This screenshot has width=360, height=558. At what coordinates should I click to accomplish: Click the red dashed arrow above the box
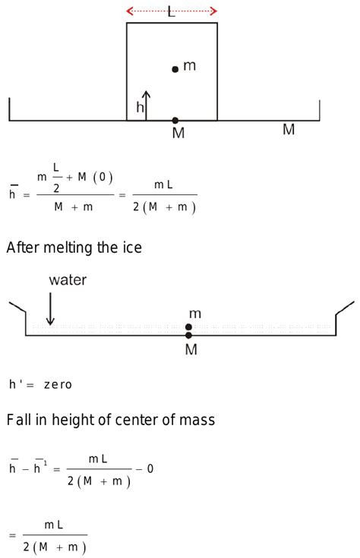pyautogui.click(x=172, y=11)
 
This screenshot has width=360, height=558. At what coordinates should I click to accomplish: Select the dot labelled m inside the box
pyautogui.click(x=175, y=69)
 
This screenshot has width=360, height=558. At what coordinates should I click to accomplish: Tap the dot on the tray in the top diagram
pyautogui.click(x=175, y=120)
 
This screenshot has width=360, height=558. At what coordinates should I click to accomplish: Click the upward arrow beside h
pyautogui.click(x=146, y=106)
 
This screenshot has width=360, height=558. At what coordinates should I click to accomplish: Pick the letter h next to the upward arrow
pyautogui.click(x=140, y=106)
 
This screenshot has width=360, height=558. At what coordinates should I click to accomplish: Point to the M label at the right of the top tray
pyautogui.click(x=289, y=129)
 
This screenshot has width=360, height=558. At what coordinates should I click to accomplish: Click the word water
pyautogui.click(x=68, y=280)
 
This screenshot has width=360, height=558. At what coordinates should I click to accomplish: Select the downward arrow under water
pyautogui.click(x=50, y=309)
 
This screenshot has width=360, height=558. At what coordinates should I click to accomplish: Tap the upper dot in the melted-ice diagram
pyautogui.click(x=188, y=326)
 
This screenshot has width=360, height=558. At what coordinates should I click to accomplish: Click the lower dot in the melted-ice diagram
pyautogui.click(x=188, y=335)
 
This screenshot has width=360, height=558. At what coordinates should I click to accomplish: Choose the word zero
pyautogui.click(x=58, y=385)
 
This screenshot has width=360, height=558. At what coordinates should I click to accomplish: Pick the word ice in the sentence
pyautogui.click(x=132, y=247)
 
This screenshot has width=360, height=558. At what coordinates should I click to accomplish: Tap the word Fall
pyautogui.click(x=19, y=420)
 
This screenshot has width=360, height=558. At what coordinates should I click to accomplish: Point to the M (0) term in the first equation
pyautogui.click(x=95, y=177)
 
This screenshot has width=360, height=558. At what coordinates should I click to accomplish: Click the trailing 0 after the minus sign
pyautogui.click(x=150, y=468)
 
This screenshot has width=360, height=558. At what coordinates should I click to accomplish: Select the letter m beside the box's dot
pyautogui.click(x=189, y=66)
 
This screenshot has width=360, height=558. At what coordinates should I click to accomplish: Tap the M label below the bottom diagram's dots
pyautogui.click(x=191, y=349)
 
